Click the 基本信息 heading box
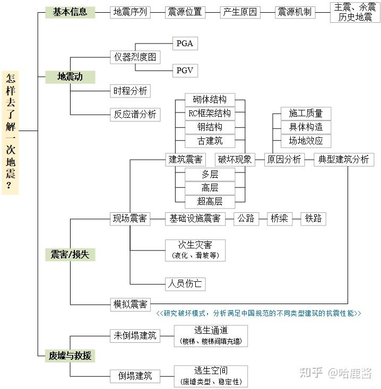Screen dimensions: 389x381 coord(70,12)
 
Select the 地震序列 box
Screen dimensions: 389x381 coord(130,12)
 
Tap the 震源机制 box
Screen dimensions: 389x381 coord(296,12)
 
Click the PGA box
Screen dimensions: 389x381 coord(185,44)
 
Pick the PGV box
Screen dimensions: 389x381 coord(185,70)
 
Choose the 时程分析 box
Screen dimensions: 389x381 coord(130,91)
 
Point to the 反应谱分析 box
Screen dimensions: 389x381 coord(135,114)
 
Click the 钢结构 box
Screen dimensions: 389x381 coord(210,127)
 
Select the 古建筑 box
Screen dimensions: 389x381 coord(210,141)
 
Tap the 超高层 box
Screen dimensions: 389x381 coord(209,201)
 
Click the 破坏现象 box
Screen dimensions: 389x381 coord(235,159)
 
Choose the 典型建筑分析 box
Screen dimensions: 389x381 coord(344,159)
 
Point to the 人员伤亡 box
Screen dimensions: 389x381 coord(185,283)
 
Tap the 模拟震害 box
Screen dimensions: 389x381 coord(130,304)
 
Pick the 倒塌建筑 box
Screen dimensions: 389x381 coord(135,376)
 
